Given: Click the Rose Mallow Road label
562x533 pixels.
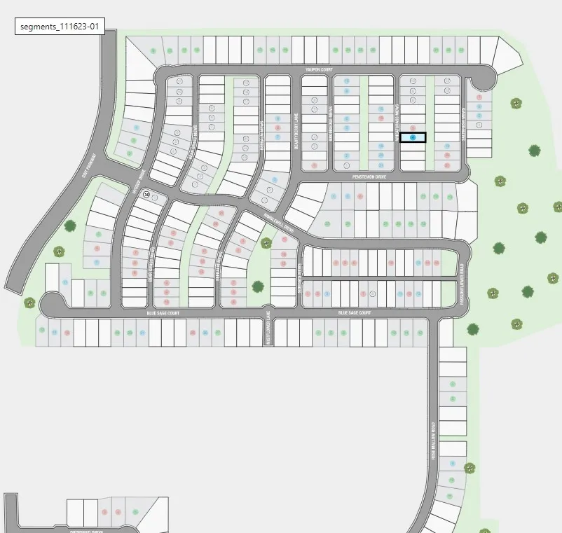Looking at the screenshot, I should coord(434,441).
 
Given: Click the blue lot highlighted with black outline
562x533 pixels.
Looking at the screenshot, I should coord(413,137).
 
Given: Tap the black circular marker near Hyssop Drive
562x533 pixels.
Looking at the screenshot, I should coord(146,195).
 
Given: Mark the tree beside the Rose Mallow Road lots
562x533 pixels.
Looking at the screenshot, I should coord(469,467).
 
